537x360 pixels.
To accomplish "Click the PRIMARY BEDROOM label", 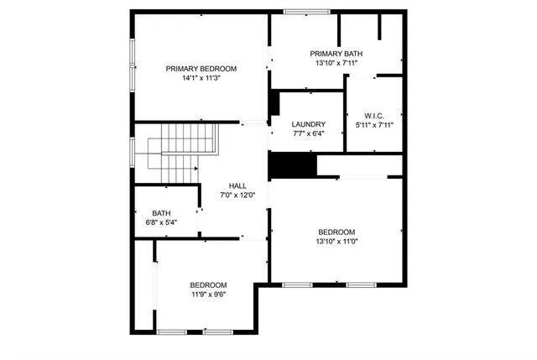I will pyautogui.click(x=201, y=69).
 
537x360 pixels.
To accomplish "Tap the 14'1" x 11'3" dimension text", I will pyautogui.click(x=201, y=79).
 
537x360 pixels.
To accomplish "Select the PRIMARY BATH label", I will pyautogui.click(x=338, y=54).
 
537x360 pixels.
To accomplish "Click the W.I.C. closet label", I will pyautogui.click(x=374, y=115).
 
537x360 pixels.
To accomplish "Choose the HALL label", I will pyautogui.click(x=237, y=185).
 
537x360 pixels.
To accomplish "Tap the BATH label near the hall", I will pyautogui.click(x=161, y=213).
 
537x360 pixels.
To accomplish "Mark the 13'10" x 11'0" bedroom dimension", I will pyautogui.click(x=336, y=242).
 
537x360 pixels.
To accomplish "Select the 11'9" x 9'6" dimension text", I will pyautogui.click(x=208, y=294).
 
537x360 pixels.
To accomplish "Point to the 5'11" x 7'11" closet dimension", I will pyautogui.click(x=374, y=125).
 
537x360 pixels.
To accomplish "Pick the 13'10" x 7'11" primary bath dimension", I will pyautogui.click(x=338, y=63).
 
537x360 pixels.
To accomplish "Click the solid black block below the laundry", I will pyautogui.click(x=291, y=164).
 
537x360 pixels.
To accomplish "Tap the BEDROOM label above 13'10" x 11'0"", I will pyautogui.click(x=336, y=232).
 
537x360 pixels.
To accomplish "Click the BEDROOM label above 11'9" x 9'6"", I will pyautogui.click(x=208, y=284).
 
